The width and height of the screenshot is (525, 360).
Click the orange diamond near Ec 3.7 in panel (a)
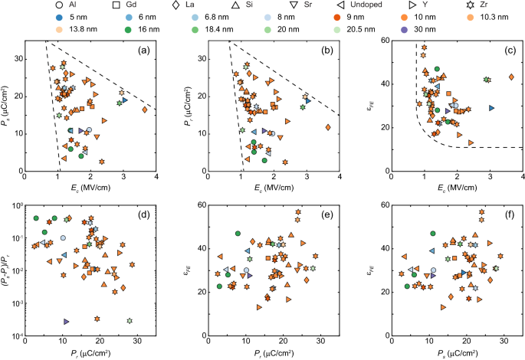pos(144,110)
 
